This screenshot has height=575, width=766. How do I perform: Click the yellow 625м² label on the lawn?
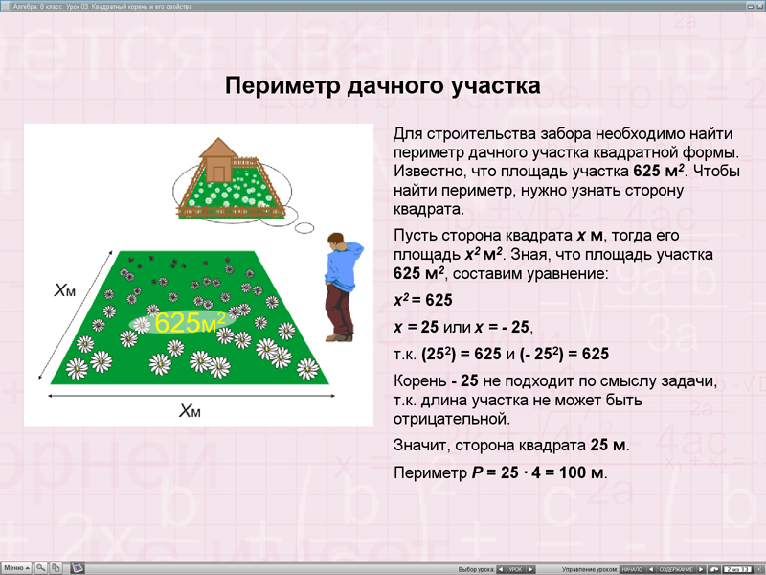coord(191,322)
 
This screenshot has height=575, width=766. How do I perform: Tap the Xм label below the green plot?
coord(191,411)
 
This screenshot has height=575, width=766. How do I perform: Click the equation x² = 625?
coord(423,300)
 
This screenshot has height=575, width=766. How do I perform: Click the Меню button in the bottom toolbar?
coord(16,567)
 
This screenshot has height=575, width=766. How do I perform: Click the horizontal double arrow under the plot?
coord(191,395)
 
